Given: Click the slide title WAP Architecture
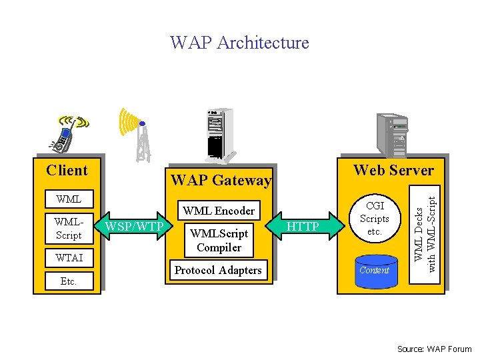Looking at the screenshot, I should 239,43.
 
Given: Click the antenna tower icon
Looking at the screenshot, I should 139,135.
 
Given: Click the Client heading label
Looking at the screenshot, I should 67,170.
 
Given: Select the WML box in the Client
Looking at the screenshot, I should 69,199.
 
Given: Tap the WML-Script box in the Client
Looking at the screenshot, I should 69,228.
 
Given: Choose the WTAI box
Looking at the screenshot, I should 69,257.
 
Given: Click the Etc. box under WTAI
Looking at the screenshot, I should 69,281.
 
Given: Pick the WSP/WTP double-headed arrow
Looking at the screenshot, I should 135,227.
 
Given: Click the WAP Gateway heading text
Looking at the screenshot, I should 221,180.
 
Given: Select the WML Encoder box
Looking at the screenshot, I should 219,211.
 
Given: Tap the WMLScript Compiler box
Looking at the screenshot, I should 219,241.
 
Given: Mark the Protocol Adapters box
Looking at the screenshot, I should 218,270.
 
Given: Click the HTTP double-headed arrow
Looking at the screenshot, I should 304,227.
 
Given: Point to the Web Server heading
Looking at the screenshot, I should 393,170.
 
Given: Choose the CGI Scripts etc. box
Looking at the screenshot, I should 374,219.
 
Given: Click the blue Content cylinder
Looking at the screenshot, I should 374,270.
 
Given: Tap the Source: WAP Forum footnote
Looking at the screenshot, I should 434,349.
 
